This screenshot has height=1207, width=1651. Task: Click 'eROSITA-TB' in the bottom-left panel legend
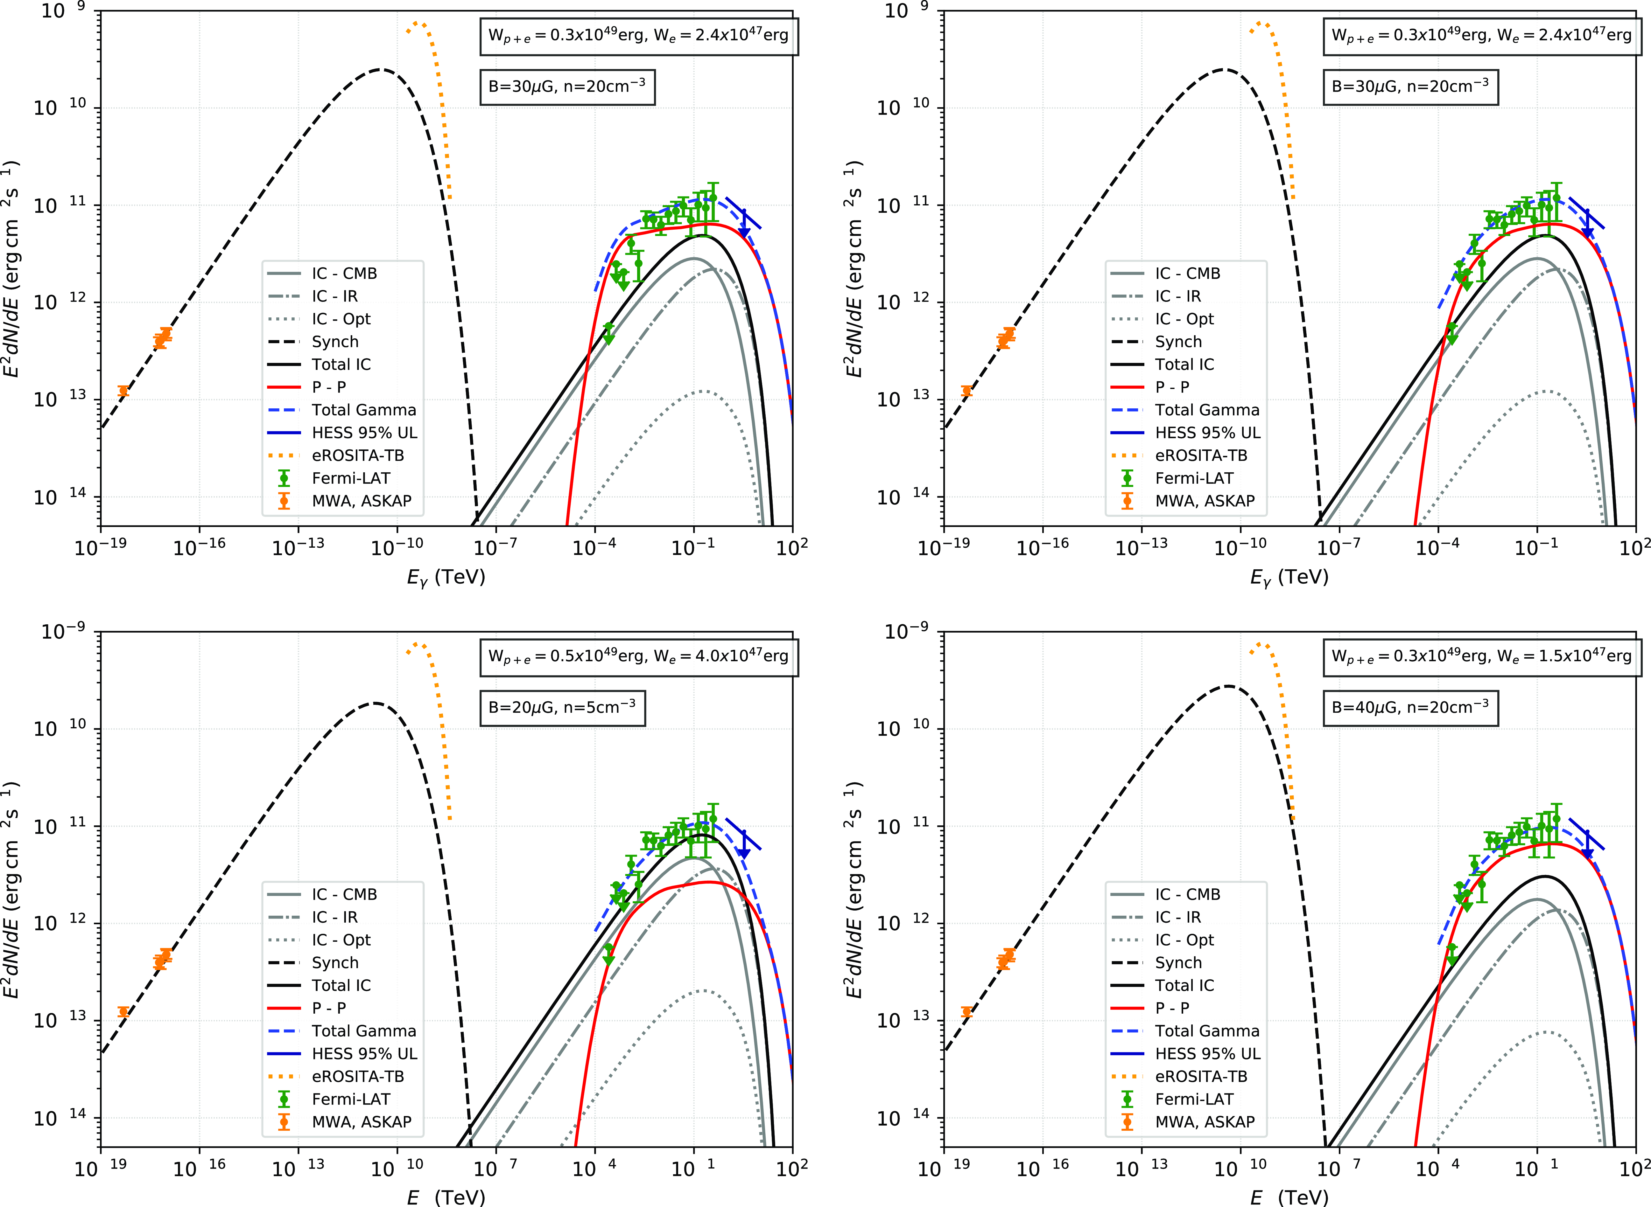(357, 1076)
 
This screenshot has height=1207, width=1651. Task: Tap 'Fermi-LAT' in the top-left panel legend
(351, 478)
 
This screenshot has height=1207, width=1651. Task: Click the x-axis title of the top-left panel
(446, 577)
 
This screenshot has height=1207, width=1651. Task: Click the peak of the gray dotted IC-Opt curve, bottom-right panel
(1547, 1032)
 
